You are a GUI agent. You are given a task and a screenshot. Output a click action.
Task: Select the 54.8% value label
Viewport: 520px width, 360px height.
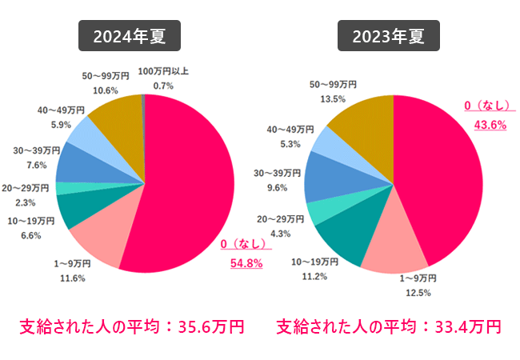pyautogui.click(x=246, y=263)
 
